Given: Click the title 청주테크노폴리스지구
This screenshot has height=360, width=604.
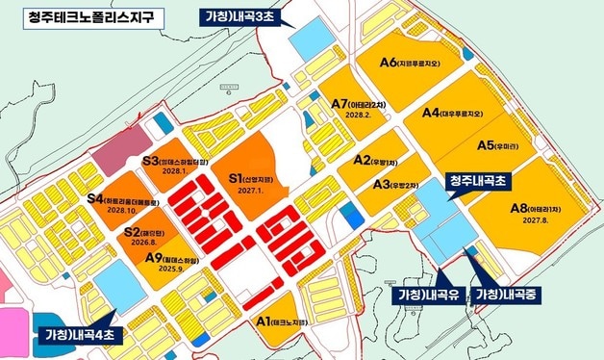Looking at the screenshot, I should (79, 16).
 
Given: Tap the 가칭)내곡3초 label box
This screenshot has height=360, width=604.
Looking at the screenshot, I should (243, 16).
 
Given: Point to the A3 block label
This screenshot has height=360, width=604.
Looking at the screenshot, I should (382, 184).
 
